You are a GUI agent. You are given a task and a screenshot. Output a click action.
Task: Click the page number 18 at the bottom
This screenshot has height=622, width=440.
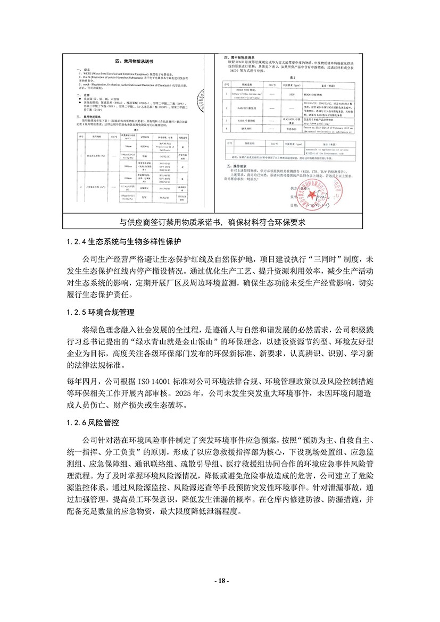point(220,582)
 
